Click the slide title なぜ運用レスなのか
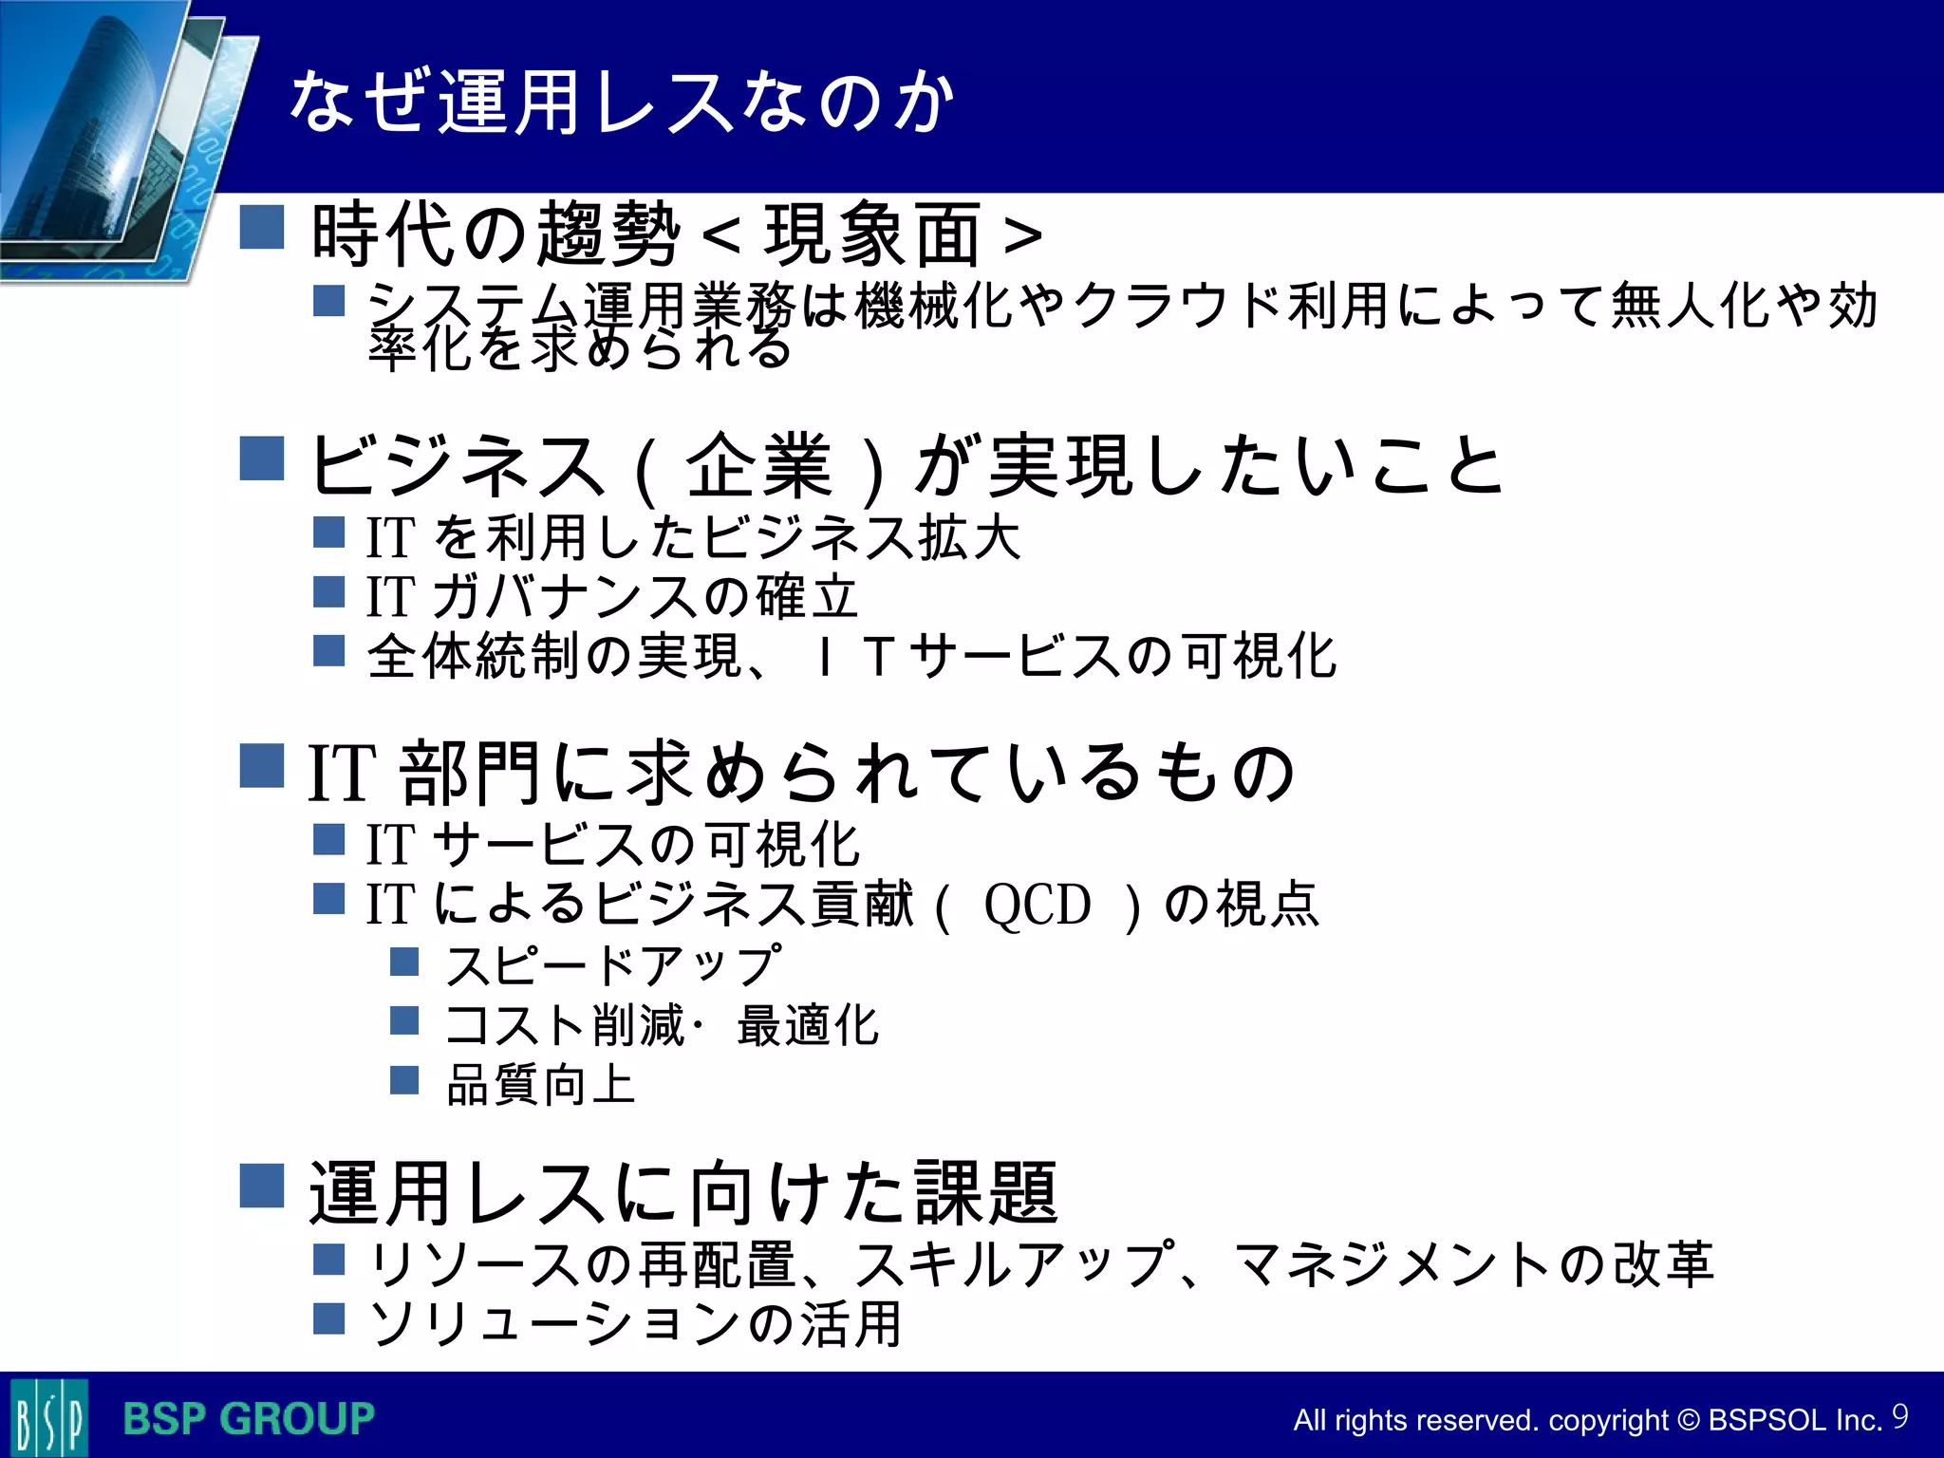point(622,103)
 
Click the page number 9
point(1899,1416)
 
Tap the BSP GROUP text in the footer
point(249,1419)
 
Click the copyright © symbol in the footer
point(1688,1420)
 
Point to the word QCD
point(1037,905)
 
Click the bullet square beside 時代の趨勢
point(262,228)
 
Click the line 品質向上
point(541,1084)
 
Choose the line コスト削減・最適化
point(663,1025)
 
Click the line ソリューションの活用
point(635,1323)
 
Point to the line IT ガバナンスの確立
point(612,597)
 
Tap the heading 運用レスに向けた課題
point(683,1193)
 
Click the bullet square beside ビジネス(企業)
point(262,459)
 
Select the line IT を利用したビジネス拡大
point(694,538)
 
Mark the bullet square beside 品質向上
point(404,1080)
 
